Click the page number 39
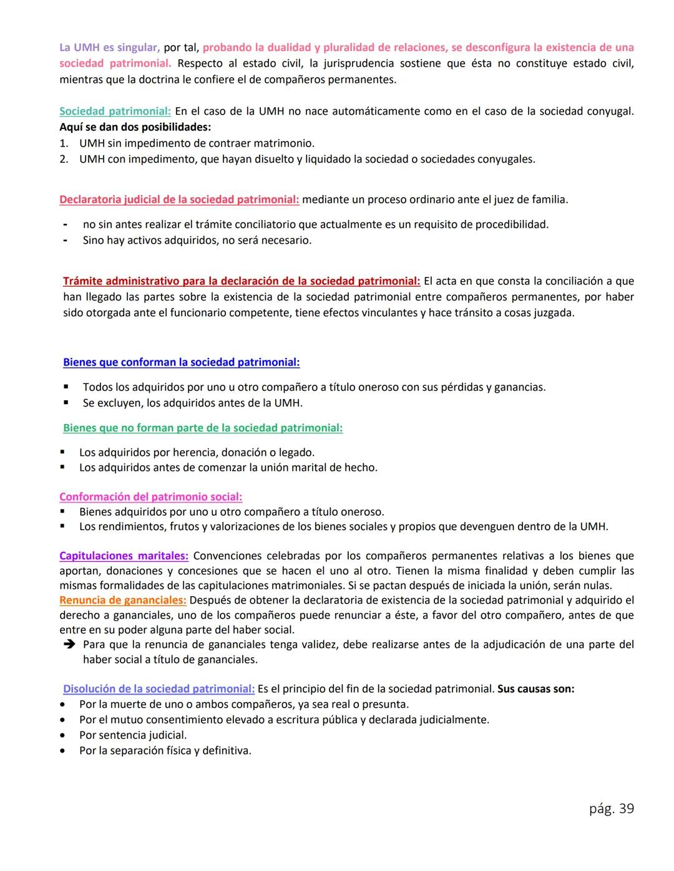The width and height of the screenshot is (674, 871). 611,809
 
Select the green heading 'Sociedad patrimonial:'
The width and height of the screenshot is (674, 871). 115,112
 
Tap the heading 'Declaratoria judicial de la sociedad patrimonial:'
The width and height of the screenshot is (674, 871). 179,200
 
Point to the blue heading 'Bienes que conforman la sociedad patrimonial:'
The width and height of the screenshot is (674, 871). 181,362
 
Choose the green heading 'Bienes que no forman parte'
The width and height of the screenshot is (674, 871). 202,428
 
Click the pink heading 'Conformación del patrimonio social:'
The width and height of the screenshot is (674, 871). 150,497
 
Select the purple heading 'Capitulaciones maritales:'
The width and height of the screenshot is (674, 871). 124,556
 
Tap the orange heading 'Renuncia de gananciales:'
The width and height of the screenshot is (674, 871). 122,600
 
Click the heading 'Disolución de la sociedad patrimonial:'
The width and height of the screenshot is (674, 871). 159,690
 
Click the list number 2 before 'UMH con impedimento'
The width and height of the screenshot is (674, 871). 64,160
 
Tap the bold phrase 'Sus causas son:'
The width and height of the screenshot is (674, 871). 535,690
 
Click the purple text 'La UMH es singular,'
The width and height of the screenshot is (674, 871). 109,47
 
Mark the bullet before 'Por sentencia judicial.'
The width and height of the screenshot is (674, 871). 63,736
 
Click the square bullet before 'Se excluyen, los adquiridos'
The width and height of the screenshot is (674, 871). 66,403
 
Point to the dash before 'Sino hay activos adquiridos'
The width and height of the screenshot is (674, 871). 64,241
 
